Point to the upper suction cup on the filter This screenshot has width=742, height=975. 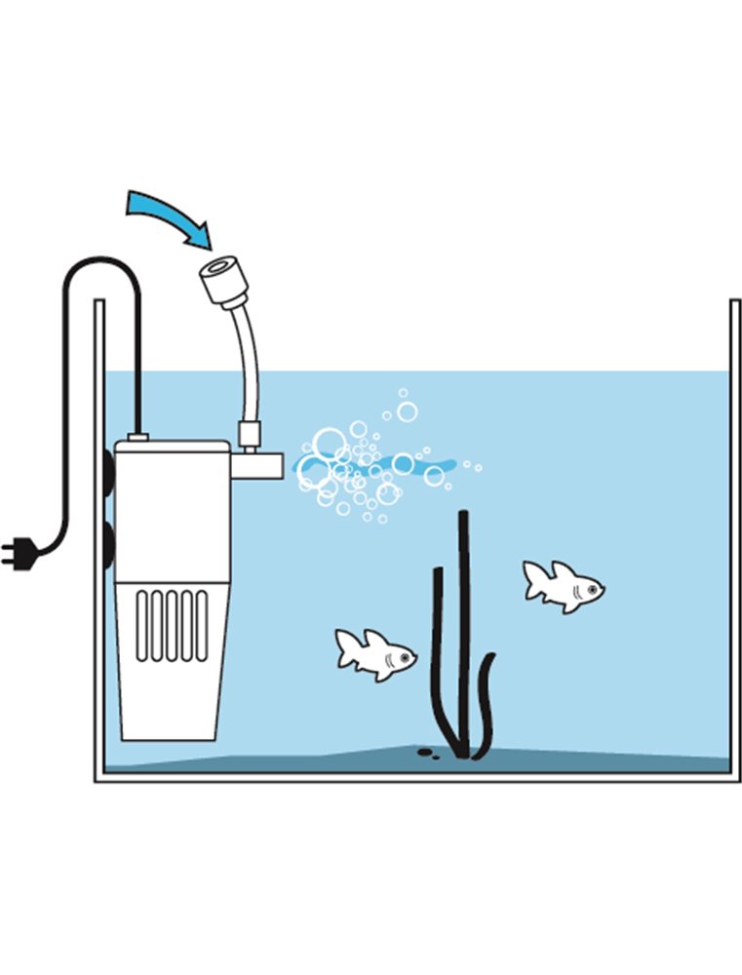point(108,472)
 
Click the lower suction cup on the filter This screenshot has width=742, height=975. point(108,539)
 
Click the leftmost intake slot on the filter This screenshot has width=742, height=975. point(142,624)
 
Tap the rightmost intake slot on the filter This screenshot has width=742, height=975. point(202,624)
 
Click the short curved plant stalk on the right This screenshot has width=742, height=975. point(485,702)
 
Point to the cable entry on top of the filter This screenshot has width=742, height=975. point(137,437)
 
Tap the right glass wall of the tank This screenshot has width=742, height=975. point(735,536)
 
